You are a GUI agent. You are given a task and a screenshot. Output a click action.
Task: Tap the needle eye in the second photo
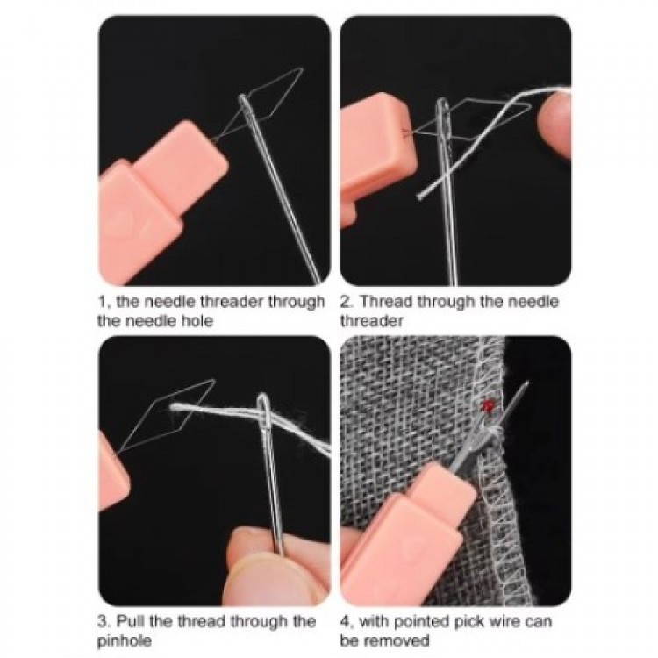click(x=443, y=113)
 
